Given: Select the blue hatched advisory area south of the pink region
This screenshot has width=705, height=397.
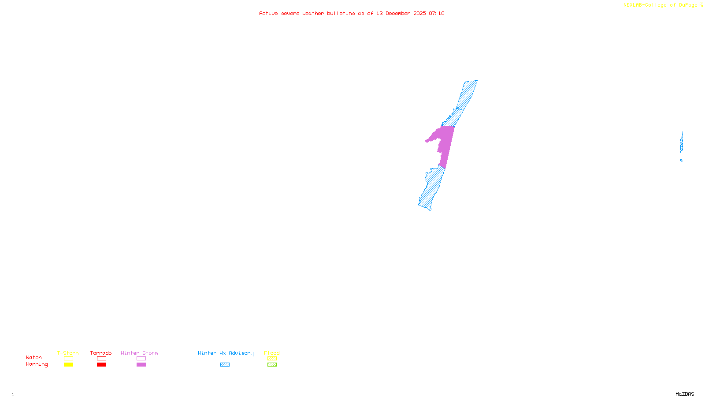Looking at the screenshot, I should coord(432,187).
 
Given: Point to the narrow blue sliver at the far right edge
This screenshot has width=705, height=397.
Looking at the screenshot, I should coord(681,143).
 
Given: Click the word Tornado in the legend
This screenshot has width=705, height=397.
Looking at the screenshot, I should coord(101,353).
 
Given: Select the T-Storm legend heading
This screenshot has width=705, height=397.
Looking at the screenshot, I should coord(68,353).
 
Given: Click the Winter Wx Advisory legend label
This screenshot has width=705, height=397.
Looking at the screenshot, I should coord(226,353).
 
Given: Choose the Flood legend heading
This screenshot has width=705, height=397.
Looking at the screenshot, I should coord(272,353).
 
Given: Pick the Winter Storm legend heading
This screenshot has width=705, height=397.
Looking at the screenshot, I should coord(139,353).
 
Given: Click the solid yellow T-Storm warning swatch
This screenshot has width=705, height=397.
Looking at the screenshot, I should coord(68,365).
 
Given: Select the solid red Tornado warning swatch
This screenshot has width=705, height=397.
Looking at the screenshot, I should coord(101,365).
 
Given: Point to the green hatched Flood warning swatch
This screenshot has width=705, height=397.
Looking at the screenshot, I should coord(272,365).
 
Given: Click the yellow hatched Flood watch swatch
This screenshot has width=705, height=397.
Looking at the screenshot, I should coord(272,359).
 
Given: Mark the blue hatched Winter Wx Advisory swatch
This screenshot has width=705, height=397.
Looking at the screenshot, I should coord(225,365).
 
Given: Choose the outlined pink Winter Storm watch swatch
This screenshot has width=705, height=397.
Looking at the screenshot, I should coord(141,359).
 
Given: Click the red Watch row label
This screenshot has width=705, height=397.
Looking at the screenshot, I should coord(34,357).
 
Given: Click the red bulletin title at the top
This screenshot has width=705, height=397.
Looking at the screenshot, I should coord(352,13).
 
